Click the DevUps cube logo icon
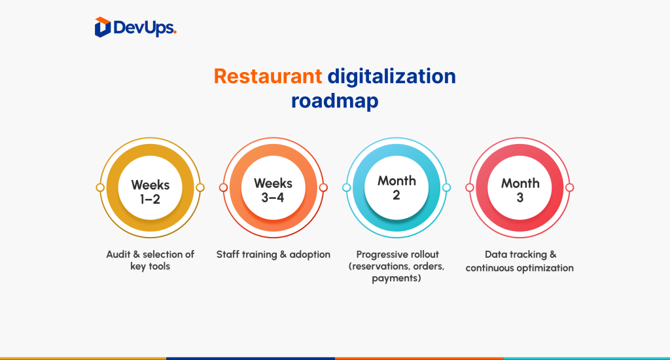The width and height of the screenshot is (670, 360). point(103,27)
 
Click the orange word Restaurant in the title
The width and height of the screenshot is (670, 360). point(268,76)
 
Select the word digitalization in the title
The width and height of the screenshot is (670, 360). point(391,76)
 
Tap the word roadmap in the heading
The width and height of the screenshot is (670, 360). point(334,101)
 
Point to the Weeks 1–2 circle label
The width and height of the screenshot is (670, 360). point(150,192)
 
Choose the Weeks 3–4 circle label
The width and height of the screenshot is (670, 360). point(273,190)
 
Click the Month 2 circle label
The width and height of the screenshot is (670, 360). point(397,188)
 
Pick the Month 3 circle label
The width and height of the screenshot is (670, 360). point(520,190)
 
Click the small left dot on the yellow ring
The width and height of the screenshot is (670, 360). point(100,187)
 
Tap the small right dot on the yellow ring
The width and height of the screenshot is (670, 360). point(200,187)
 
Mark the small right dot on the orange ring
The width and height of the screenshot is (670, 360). point(323,187)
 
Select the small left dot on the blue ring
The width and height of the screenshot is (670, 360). point(347,187)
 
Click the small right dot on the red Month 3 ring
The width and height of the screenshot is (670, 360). point(570,187)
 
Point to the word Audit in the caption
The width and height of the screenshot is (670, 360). point(118,255)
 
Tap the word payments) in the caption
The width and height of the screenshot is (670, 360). point(396,279)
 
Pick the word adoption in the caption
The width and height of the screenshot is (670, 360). point(309,255)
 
